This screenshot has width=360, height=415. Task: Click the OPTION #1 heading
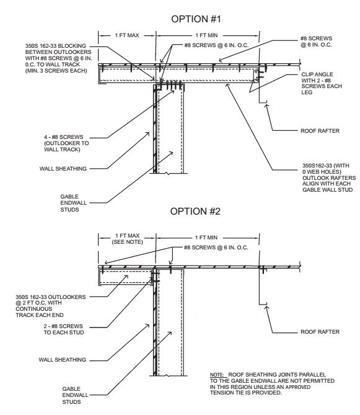tap(196, 19)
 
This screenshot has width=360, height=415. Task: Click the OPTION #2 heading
tap(195, 211)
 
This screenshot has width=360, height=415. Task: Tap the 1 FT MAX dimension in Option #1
tap(127, 35)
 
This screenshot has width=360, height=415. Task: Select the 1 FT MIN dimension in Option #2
tap(206, 238)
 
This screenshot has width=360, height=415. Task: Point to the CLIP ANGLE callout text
tap(322, 83)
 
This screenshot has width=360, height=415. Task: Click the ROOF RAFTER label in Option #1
tap(320, 131)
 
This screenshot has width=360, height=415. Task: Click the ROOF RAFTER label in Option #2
tap(320, 332)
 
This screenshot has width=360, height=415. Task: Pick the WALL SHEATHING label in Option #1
tap(63, 169)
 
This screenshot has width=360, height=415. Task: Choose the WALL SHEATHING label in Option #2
tap(63, 360)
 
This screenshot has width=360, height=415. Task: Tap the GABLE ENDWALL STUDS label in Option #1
tap(70, 203)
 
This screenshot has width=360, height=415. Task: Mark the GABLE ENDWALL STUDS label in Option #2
tap(72, 395)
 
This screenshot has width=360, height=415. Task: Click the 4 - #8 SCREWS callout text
tap(66, 143)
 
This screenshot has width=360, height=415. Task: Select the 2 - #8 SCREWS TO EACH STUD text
tap(64, 329)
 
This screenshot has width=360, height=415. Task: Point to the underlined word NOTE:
tap(217, 375)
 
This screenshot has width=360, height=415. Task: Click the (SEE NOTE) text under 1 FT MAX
tap(128, 242)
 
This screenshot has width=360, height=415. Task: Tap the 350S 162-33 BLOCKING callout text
tap(59, 58)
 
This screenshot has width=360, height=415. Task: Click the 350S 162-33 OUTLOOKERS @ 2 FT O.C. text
tap(51, 306)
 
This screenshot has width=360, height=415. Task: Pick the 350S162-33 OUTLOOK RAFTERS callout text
tap(329, 177)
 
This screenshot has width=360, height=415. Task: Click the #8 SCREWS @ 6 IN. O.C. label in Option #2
tap(216, 248)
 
